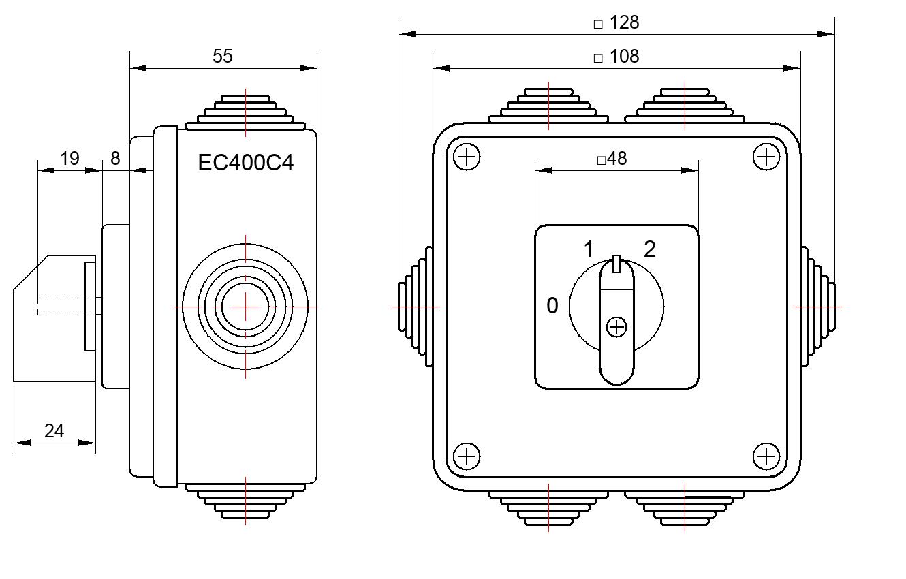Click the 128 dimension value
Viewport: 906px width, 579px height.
point(624,22)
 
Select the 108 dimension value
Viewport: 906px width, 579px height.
point(624,57)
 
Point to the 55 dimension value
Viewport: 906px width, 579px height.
point(223,57)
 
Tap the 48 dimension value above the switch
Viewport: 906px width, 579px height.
point(616,159)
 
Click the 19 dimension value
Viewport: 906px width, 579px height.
point(69,159)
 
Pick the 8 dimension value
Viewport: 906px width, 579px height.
point(115,159)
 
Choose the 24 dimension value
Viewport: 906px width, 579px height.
point(54,431)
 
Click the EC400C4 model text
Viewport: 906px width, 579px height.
point(245,163)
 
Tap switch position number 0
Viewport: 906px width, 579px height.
point(552,306)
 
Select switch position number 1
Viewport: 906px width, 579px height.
point(589,249)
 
